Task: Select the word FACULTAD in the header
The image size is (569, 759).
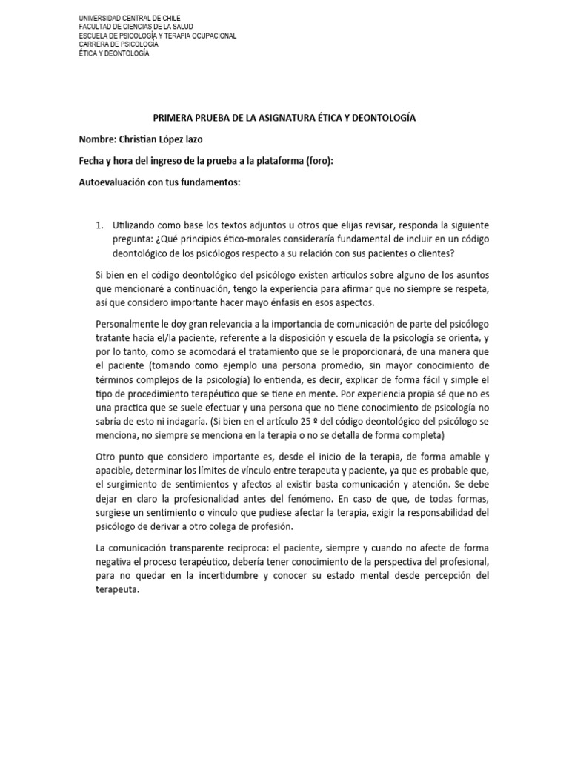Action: pos(95,26)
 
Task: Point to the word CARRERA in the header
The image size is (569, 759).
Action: pos(93,44)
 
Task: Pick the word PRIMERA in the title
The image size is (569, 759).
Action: pos(173,117)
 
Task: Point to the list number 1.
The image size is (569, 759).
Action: pos(101,225)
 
